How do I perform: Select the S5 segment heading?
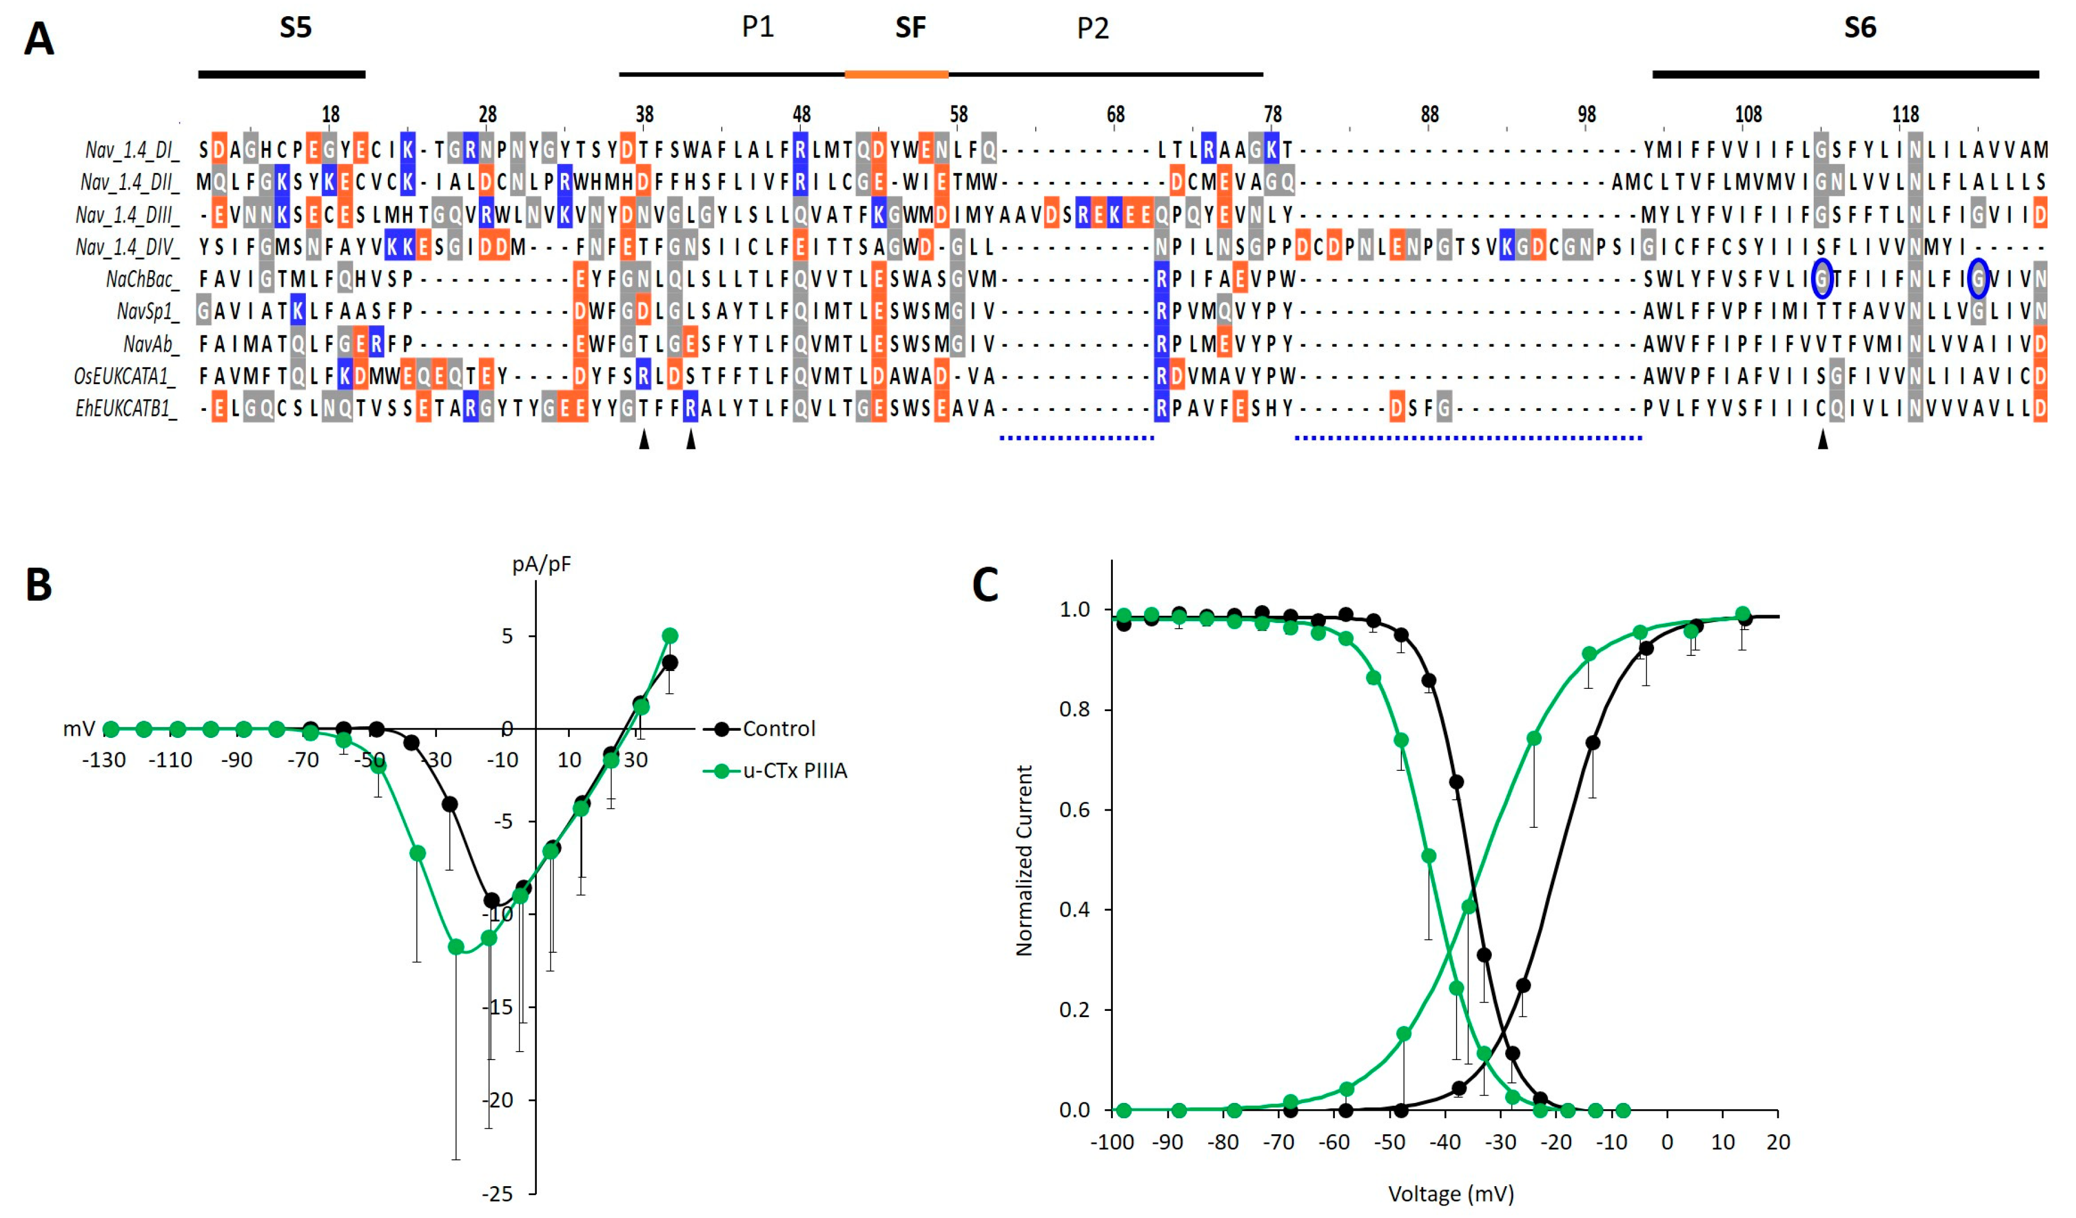tap(295, 28)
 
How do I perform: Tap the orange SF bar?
tap(896, 74)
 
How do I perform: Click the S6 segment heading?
tap(1859, 28)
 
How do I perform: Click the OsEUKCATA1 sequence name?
tap(125, 377)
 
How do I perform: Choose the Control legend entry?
tap(778, 728)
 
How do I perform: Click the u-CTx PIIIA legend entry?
tap(794, 770)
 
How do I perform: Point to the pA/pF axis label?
tap(541, 564)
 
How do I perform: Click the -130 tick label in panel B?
tap(104, 760)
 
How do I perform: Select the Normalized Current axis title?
tap(1024, 860)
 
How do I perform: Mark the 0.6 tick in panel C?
tap(1074, 810)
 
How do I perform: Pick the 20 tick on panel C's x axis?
tap(1778, 1142)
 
